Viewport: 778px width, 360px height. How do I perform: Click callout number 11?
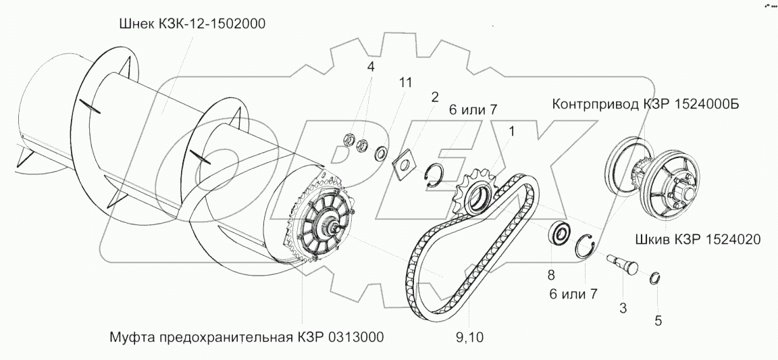coord(405,83)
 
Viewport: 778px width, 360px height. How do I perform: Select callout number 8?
coord(551,275)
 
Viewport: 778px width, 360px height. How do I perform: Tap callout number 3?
coord(623,309)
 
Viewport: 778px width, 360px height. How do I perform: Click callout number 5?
coord(658,322)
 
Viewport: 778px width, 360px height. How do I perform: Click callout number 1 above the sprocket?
coord(511,131)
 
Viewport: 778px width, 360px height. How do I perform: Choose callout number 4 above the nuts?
coord(369,68)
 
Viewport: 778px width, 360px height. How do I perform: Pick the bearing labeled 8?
coord(559,234)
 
